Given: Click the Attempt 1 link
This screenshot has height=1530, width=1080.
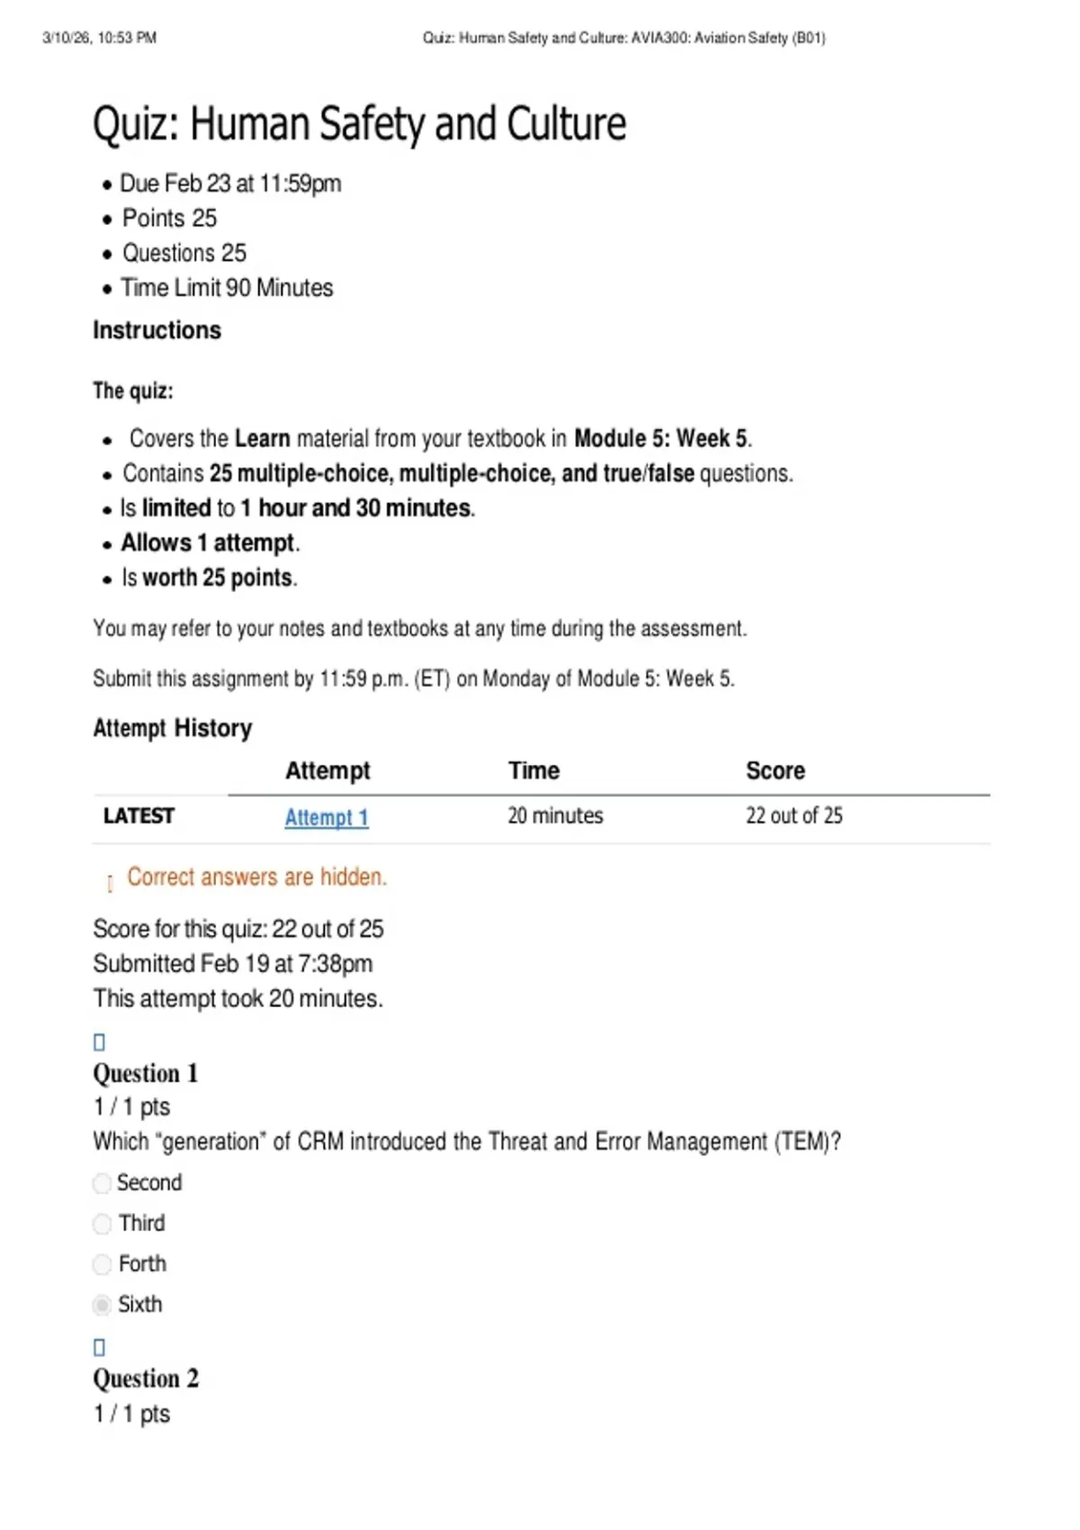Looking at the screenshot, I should pos(326,817).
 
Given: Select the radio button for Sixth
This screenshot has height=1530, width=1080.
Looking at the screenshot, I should pos(103,1304).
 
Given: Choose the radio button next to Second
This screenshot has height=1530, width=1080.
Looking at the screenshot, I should pos(103,1183).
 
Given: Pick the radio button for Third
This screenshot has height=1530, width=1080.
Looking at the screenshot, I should pos(103,1223).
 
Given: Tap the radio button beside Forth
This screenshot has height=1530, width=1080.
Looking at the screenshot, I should pos(103,1264).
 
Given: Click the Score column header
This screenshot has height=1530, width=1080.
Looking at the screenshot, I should pos(775,770).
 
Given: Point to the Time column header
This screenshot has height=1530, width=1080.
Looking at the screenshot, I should pos(534,770).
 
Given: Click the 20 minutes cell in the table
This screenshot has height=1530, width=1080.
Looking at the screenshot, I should pos(555,815).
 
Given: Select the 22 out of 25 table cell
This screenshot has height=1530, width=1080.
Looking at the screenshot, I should pos(794,815).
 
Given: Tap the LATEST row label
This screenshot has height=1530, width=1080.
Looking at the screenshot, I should pos(139,815).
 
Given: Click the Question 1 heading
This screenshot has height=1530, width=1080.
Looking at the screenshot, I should pos(145,1073).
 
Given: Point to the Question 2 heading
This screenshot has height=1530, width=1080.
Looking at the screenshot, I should pos(145,1378).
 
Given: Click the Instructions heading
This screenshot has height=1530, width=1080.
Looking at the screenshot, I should pos(157,330).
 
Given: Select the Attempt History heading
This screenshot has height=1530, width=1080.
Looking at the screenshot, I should pos(172,727).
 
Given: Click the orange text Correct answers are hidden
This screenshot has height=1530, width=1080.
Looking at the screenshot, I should pos(256,877).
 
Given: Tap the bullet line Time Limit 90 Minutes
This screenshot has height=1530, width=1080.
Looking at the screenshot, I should pos(227,288).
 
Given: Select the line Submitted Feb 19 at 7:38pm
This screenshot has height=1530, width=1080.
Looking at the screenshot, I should pos(232,963).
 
